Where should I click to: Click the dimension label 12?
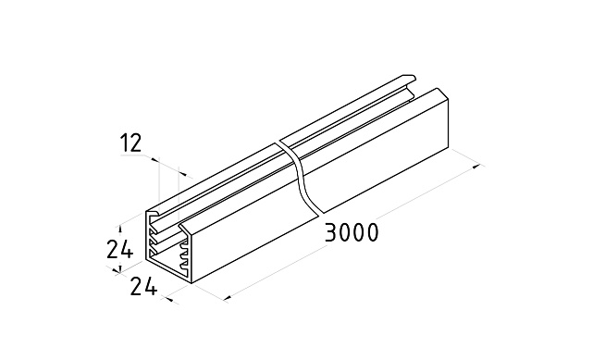(x=130, y=143)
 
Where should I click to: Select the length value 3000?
(x=352, y=232)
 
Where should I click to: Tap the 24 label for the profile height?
(x=119, y=249)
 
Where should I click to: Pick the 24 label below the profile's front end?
(x=143, y=286)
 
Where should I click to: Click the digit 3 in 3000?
(x=331, y=232)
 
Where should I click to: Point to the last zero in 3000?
(x=372, y=232)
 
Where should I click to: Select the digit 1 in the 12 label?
(x=124, y=143)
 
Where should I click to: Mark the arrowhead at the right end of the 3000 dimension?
(x=478, y=166)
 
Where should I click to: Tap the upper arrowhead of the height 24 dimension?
(x=120, y=229)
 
